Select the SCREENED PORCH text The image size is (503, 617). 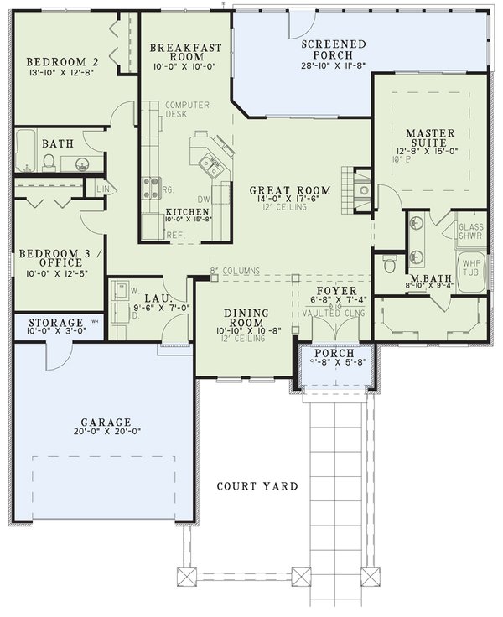[334, 49]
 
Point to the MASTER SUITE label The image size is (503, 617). [430, 138]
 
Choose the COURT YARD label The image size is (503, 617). [257, 486]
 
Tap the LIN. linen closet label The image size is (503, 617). [104, 190]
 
